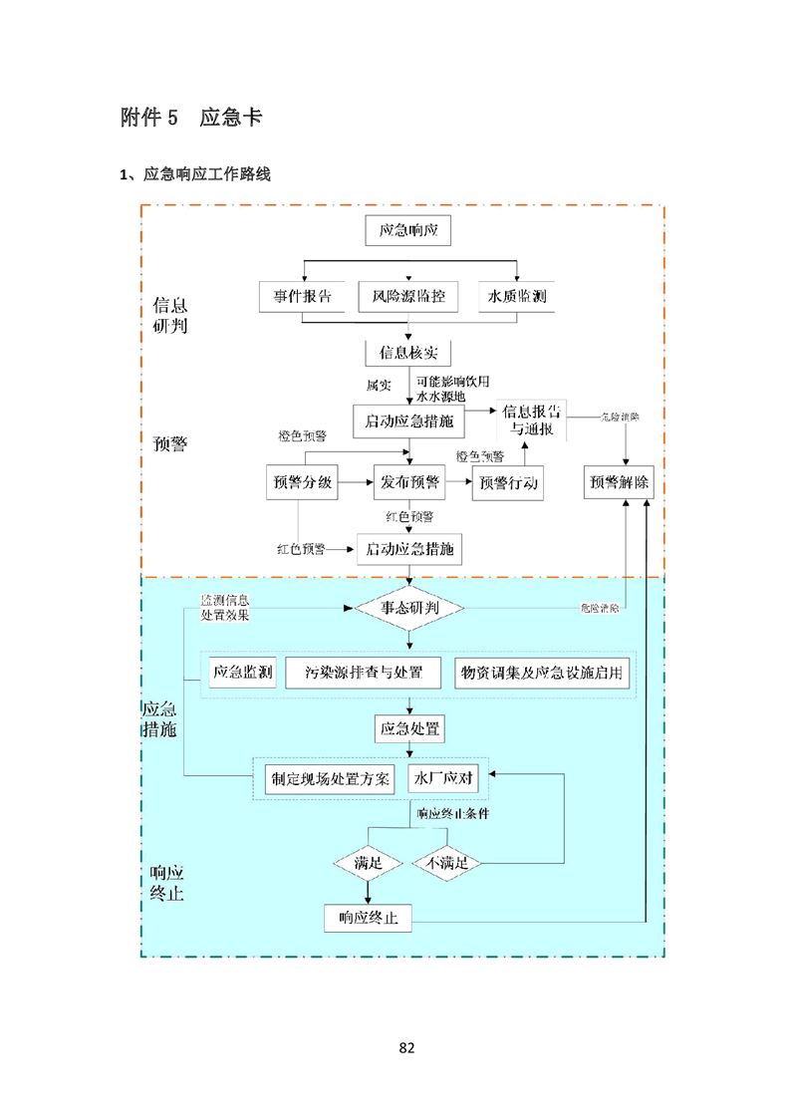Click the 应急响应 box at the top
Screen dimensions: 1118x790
tap(408, 231)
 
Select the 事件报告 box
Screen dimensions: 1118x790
tap(303, 297)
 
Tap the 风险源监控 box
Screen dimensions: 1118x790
tap(408, 297)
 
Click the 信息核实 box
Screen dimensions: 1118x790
tap(408, 353)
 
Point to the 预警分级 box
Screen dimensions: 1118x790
tap(302, 483)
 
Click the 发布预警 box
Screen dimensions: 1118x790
tap(408, 483)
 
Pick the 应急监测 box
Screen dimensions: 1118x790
tap(243, 673)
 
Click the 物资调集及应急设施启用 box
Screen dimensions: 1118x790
tap(542, 673)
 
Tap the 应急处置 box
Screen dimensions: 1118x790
tap(408, 729)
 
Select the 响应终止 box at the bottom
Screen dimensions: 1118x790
tap(368, 918)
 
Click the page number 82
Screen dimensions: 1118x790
tap(405, 1047)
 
